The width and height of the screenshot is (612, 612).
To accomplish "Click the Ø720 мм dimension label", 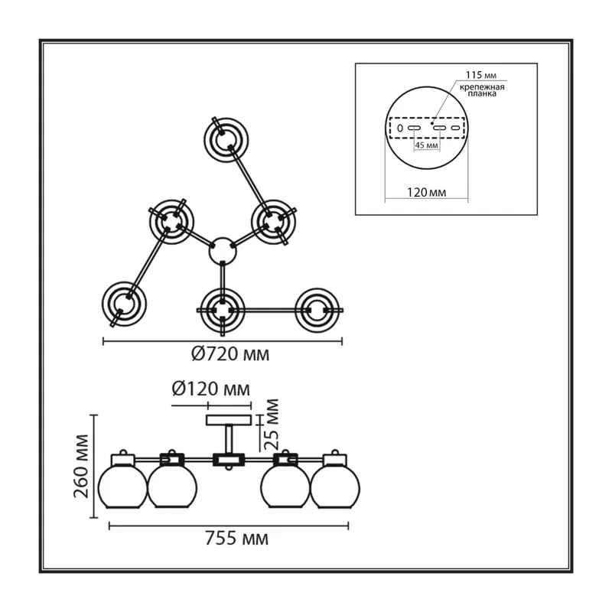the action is pos(230,354).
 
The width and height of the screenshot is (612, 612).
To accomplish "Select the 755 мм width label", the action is pos(236,539).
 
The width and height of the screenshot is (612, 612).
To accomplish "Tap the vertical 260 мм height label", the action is pos(81,466).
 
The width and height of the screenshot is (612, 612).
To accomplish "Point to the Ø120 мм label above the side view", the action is pos(211,389).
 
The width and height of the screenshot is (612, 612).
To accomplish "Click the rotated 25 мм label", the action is pos(272,425).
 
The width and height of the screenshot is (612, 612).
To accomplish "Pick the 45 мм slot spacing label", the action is pos(426,145).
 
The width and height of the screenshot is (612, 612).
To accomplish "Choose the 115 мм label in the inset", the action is pos(481,75).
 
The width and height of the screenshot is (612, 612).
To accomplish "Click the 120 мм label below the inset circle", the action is pos(426,193).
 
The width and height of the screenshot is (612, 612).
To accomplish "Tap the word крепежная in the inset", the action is pos(482,87).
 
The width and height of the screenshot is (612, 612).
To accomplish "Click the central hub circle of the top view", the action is pos(223,251).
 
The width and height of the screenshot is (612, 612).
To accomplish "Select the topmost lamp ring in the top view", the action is pos(226,140).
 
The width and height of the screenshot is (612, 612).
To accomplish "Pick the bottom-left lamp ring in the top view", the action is pos(124,304).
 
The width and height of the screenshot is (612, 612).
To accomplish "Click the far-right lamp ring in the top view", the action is pos(317,311).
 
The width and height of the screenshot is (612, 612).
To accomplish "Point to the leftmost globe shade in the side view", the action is pos(122,487).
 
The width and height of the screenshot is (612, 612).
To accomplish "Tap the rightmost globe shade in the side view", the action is pos(335,487).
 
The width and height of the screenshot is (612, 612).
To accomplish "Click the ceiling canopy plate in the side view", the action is pos(229,420).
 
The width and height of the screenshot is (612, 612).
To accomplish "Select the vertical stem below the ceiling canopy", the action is pos(229,439).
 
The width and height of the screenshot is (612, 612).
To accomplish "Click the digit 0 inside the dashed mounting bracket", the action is pos(399,128).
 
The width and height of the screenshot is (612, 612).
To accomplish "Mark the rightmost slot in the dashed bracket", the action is pos(455,128).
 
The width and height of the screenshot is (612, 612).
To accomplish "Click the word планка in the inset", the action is pos(482,94).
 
